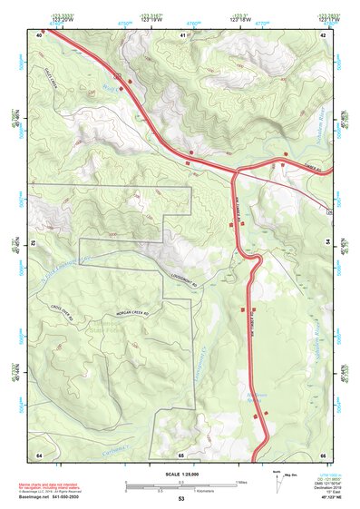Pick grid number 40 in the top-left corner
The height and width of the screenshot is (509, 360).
click(40, 34)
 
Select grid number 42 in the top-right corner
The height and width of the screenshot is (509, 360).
click(324, 34)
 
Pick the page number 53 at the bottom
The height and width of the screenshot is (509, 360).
click(180, 500)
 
